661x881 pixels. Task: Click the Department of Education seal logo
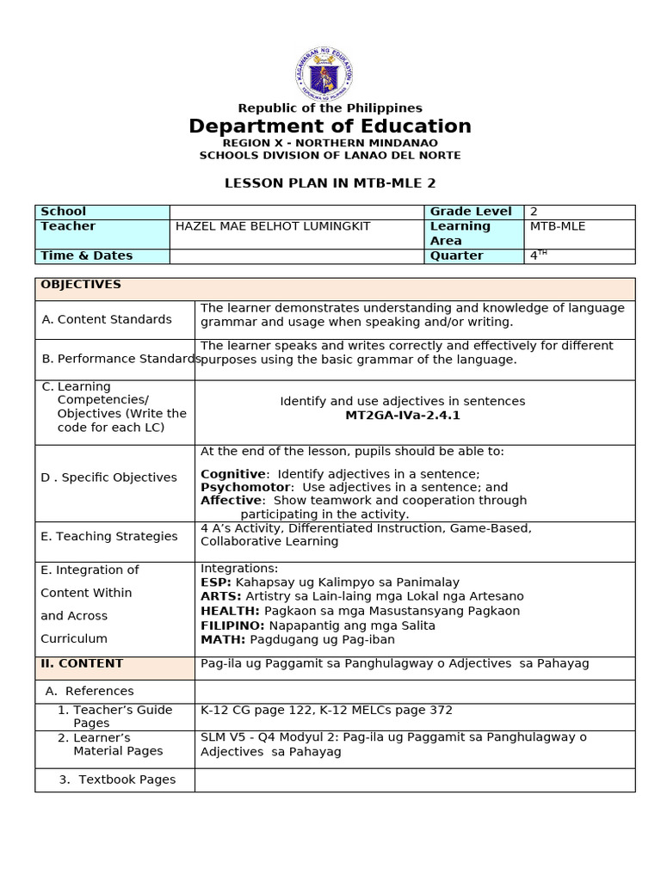click(330, 76)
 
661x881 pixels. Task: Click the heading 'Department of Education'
click(330, 126)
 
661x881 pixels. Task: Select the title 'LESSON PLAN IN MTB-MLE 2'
click(330, 183)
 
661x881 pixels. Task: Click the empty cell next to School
click(296, 212)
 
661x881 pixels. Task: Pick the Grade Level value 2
click(534, 212)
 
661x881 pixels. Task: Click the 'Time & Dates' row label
click(86, 256)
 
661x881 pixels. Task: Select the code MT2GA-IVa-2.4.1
click(402, 416)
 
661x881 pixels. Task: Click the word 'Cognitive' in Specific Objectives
click(232, 474)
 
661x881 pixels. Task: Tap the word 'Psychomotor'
click(240, 487)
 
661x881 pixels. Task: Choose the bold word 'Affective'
click(231, 500)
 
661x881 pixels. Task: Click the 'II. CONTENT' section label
click(82, 663)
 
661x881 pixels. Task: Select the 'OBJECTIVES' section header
click(81, 285)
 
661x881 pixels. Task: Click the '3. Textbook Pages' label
click(117, 779)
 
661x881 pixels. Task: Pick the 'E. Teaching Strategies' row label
click(109, 536)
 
